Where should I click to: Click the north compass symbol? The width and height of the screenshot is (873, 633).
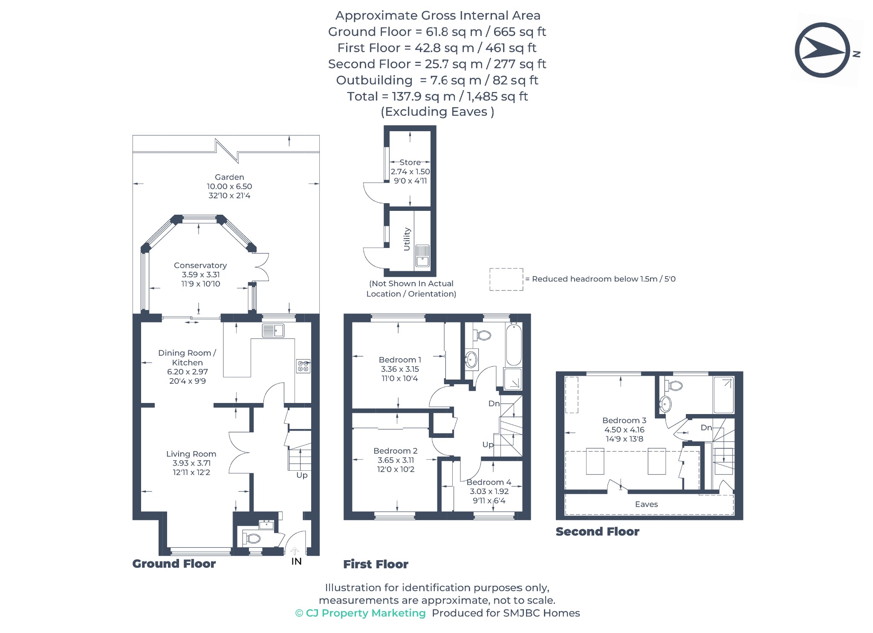coord(822,50)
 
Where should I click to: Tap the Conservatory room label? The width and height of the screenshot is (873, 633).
coord(200,265)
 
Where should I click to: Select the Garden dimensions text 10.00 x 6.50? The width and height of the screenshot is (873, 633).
coord(229,186)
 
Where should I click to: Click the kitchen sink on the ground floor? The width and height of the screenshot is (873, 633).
coord(273,331)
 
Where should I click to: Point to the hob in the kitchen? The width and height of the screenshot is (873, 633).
coord(303,366)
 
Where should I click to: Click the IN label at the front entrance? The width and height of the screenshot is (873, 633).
coord(296,561)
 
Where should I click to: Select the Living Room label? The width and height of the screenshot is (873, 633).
coord(191,454)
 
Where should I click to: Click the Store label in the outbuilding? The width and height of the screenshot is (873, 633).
coord(410,162)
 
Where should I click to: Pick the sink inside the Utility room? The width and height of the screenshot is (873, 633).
coord(422,256)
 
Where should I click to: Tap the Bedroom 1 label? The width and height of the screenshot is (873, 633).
coord(400,360)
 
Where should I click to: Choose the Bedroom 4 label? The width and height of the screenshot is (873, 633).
coord(489,482)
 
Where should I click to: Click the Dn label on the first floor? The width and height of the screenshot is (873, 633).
coord(494,403)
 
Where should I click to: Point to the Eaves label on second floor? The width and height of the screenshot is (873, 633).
coord(646,504)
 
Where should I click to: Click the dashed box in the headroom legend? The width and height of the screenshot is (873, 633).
coord(506,279)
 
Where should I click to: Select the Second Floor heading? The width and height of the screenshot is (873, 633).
coord(597,532)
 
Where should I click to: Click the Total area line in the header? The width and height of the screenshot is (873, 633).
coord(437,96)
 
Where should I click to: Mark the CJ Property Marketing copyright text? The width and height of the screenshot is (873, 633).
coord(360,613)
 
